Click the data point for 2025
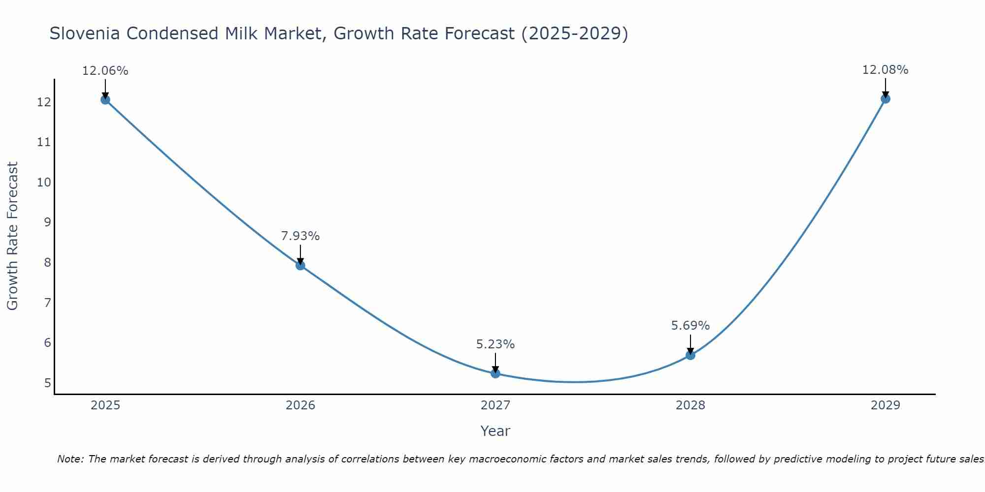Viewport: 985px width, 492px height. pyautogui.click(x=105, y=100)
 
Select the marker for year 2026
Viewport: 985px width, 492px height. pyautogui.click(x=300, y=266)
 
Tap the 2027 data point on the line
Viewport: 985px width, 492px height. pyautogui.click(x=495, y=373)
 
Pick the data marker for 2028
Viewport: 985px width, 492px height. pyautogui.click(x=690, y=355)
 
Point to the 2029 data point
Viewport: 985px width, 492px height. pyautogui.click(x=886, y=99)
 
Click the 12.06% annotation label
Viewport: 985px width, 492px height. pyautogui.click(x=105, y=71)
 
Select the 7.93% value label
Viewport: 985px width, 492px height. pyautogui.click(x=300, y=236)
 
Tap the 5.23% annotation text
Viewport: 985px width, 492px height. pyautogui.click(x=495, y=344)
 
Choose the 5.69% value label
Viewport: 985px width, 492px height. pyautogui.click(x=690, y=326)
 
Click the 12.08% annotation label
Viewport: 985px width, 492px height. pyautogui.click(x=885, y=70)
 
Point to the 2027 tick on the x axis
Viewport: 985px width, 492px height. pyautogui.click(x=495, y=405)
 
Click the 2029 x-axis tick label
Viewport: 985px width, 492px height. pyautogui.click(x=886, y=405)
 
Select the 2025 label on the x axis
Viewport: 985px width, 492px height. pyautogui.click(x=105, y=405)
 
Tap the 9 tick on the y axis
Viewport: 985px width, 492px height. pyautogui.click(x=47, y=222)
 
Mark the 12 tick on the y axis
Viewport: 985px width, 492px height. pyautogui.click(x=44, y=102)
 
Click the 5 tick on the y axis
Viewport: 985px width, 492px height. pyautogui.click(x=47, y=383)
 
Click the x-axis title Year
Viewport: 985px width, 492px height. pyautogui.click(x=495, y=431)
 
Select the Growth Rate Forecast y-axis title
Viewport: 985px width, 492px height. pyautogui.click(x=12, y=236)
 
